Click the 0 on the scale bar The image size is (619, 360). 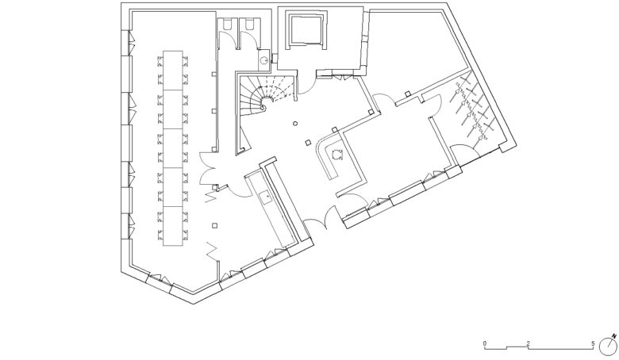(x=485, y=343)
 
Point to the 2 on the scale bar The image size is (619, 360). (x=529, y=343)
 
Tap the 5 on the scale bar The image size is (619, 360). (x=593, y=343)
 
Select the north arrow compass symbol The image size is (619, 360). (x=609, y=345)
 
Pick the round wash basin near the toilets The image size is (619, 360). (x=263, y=61)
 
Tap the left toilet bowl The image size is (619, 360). (x=228, y=25)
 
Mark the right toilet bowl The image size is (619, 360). (x=250, y=25)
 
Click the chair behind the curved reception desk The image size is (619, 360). (x=336, y=154)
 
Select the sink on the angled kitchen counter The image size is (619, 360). (x=264, y=197)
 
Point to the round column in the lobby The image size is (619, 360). (x=295, y=124)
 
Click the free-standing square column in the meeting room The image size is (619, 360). (x=215, y=225)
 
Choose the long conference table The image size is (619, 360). (x=173, y=148)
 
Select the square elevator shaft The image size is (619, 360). (x=307, y=30)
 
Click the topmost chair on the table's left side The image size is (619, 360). (x=160, y=60)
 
